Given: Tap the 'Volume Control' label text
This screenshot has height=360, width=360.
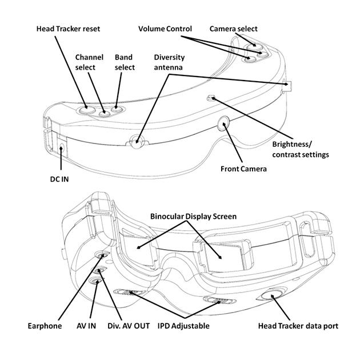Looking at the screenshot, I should tap(165, 29).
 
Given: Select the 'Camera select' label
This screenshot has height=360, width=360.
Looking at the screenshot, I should tap(233, 29).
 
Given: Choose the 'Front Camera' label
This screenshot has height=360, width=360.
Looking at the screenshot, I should tap(243, 169).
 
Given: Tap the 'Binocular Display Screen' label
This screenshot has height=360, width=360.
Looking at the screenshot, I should tap(193, 217).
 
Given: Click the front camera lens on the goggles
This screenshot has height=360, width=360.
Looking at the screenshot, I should tap(223, 121).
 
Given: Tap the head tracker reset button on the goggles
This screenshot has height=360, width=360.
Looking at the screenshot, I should tap(87, 107).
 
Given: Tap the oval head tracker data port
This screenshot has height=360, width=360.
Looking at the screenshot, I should tap(272, 295).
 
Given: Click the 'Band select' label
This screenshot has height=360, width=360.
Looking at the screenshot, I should tap(125, 63).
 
